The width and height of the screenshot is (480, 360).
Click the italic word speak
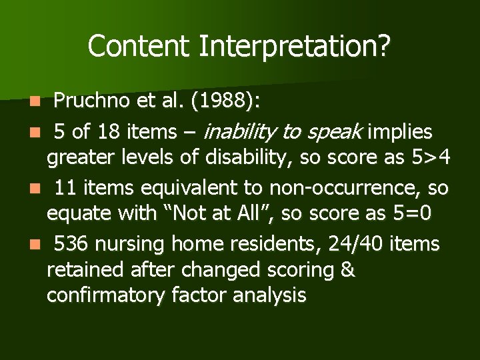tap(337, 132)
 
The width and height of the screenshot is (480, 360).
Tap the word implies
tap(399, 132)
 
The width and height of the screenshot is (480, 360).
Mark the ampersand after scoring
tap(347, 271)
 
